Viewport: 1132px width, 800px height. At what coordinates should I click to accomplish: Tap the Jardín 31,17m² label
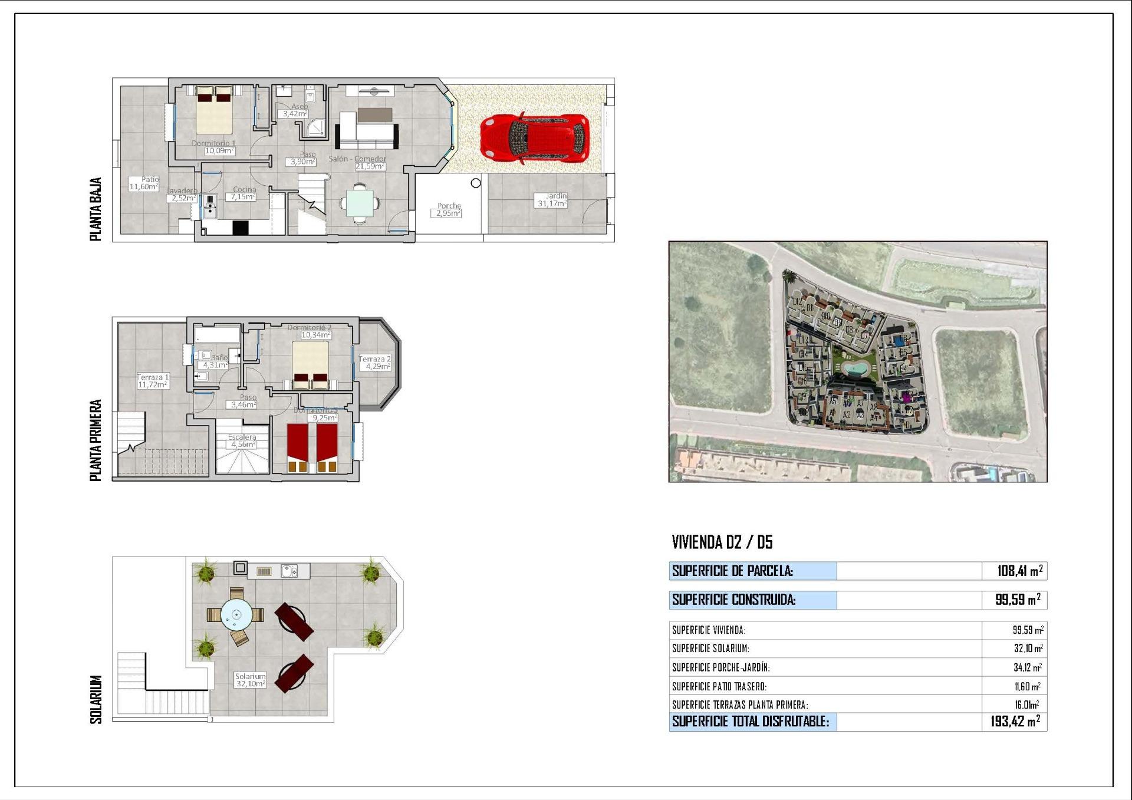click(552, 200)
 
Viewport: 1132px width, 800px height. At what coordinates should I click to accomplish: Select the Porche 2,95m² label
click(448, 210)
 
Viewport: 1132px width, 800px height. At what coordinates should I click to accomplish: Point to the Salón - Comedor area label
click(358, 163)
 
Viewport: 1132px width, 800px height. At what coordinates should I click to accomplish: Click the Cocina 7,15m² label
click(243, 193)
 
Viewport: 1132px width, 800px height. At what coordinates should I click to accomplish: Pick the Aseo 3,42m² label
click(295, 110)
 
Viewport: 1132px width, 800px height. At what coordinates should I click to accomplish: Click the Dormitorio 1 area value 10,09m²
click(219, 151)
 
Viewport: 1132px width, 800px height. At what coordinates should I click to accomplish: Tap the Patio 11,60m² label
click(144, 183)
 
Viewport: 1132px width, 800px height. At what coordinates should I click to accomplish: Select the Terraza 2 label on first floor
click(375, 363)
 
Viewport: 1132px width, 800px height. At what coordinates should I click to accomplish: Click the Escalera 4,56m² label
click(242, 441)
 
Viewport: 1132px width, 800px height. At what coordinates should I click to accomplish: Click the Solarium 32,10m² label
click(250, 680)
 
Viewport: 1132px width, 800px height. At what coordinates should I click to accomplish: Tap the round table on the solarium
click(236, 615)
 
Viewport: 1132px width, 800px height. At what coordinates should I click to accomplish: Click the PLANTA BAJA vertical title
click(96, 209)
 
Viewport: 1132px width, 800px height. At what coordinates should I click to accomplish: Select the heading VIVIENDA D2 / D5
click(722, 542)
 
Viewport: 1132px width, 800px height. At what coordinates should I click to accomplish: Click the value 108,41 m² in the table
click(1019, 571)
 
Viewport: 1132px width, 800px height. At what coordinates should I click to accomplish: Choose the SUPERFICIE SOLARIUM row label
click(710, 648)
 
